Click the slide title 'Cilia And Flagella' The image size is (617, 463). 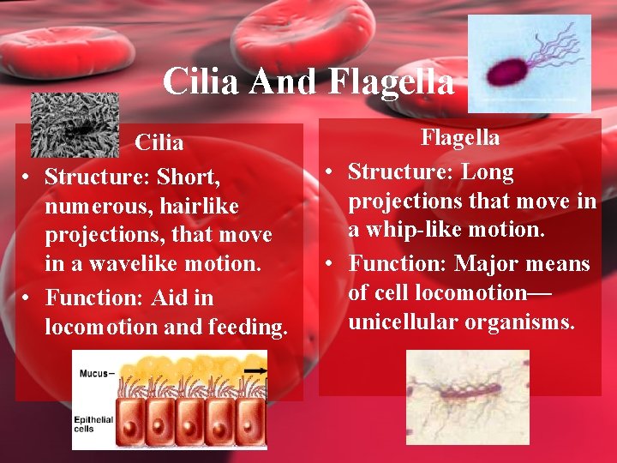[308, 82]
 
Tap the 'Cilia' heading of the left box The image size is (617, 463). [159, 142]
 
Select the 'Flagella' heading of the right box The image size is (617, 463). [460, 137]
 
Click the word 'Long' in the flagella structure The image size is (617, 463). [488, 171]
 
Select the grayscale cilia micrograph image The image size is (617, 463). [74, 124]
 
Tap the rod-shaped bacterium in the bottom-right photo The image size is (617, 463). [464, 395]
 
